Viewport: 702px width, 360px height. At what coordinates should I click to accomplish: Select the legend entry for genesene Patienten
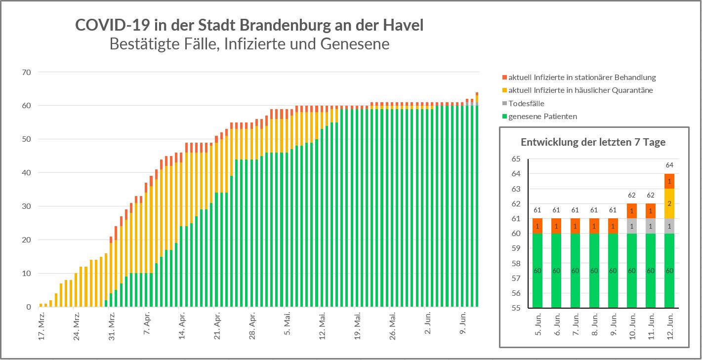coord(542,117)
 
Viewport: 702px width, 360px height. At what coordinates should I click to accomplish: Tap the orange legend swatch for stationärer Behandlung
coord(504,78)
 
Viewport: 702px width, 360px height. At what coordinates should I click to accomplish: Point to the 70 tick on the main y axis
coord(26,72)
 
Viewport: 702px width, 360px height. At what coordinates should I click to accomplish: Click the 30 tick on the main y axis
coord(26,206)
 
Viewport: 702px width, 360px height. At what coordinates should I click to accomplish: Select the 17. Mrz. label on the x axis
coord(42,326)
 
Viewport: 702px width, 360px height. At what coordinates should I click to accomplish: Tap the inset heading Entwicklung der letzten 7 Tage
coord(593,142)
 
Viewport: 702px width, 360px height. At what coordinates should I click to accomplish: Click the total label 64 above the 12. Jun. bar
coord(669,165)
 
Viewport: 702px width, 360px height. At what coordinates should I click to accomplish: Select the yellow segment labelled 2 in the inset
coord(669,203)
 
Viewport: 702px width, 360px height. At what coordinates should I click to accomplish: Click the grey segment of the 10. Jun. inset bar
coord(632,226)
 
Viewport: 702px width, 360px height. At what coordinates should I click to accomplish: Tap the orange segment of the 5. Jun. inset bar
coord(537,226)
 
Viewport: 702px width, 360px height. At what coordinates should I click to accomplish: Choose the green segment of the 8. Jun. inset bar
coord(594,271)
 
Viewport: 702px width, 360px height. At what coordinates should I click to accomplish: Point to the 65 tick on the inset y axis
coord(516,159)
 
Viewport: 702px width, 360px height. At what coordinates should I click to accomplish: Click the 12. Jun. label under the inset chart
coord(670,326)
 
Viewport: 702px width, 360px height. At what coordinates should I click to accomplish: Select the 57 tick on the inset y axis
coord(516,279)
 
